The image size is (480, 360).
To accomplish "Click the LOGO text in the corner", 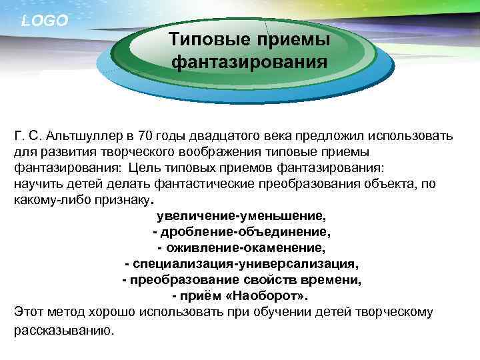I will click(x=45, y=21).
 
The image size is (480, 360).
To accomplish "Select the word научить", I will click(x=35, y=183).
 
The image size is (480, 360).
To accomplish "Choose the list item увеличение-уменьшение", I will click(x=241, y=216).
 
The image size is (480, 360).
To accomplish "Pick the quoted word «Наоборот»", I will click(x=274, y=296).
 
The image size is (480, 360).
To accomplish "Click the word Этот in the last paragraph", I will click(x=28, y=312).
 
